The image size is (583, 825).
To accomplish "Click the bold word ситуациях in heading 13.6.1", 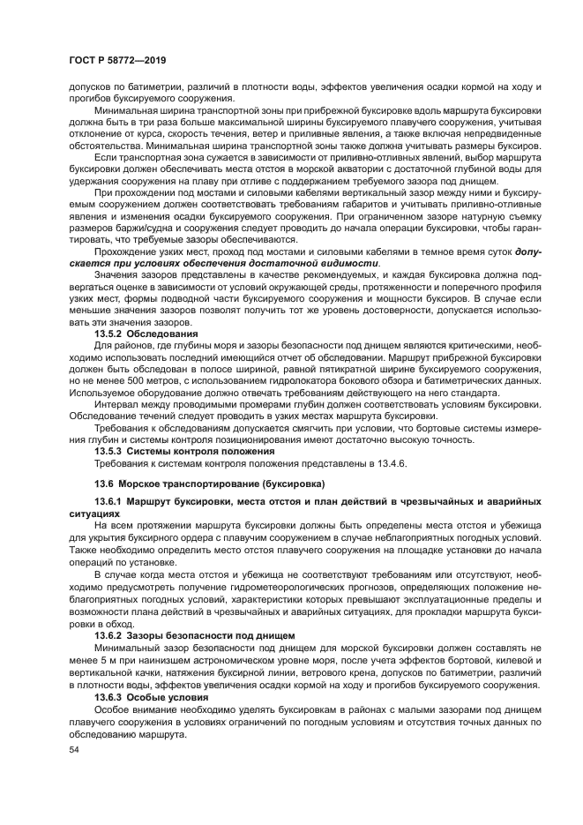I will (x=93, y=512).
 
